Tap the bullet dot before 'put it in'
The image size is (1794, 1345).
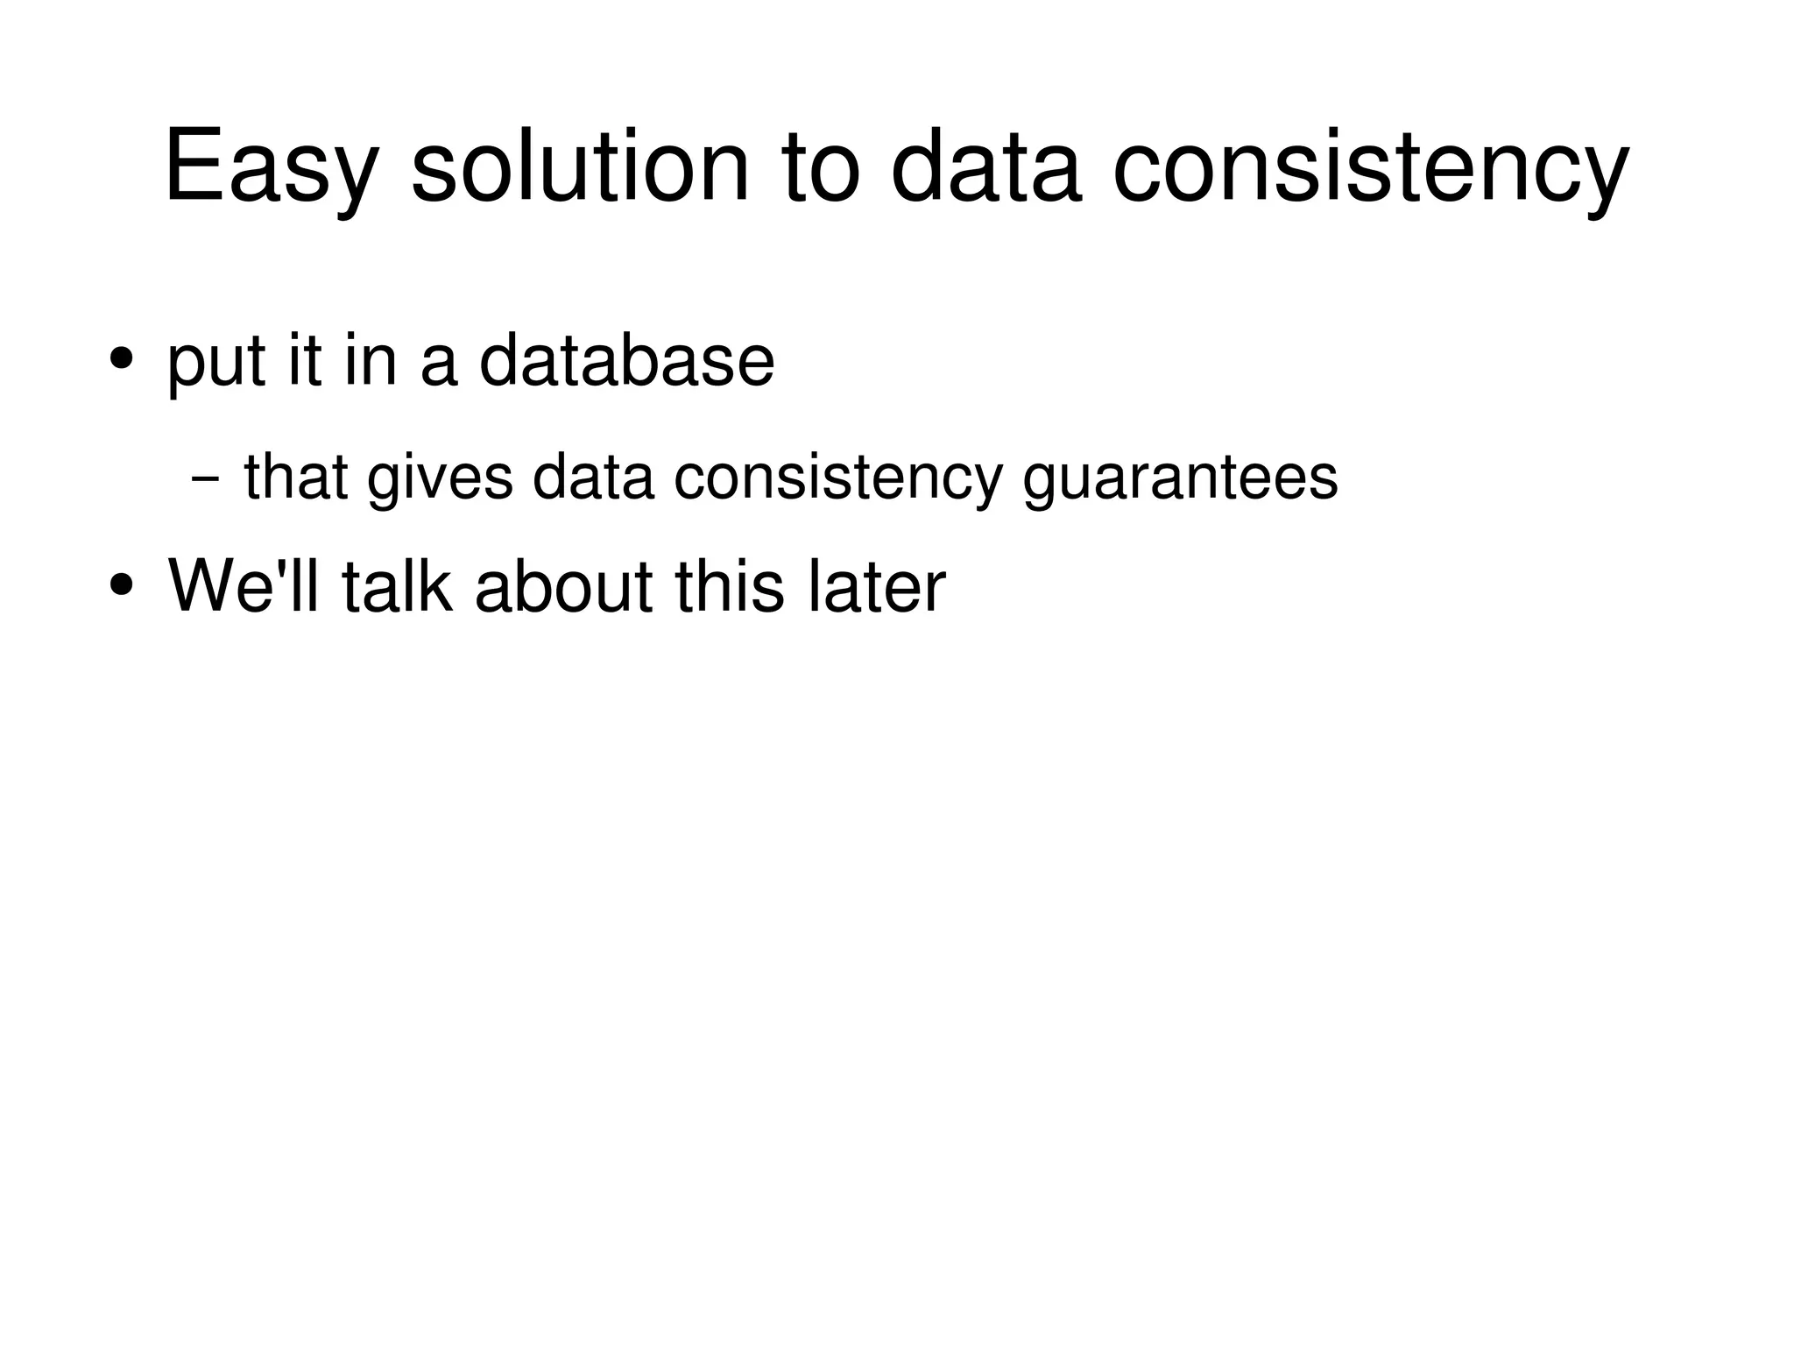[121, 358]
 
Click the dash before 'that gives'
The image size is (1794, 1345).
[204, 480]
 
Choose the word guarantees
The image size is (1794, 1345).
[1180, 480]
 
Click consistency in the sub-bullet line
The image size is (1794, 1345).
[837, 480]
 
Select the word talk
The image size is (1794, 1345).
[397, 585]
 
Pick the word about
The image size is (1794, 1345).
[563, 585]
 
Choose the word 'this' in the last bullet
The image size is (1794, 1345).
[729, 585]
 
